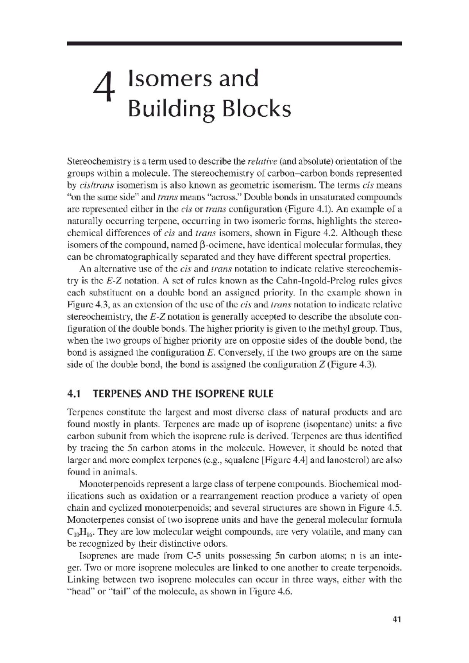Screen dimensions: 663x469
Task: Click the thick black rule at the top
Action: click(234, 43)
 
